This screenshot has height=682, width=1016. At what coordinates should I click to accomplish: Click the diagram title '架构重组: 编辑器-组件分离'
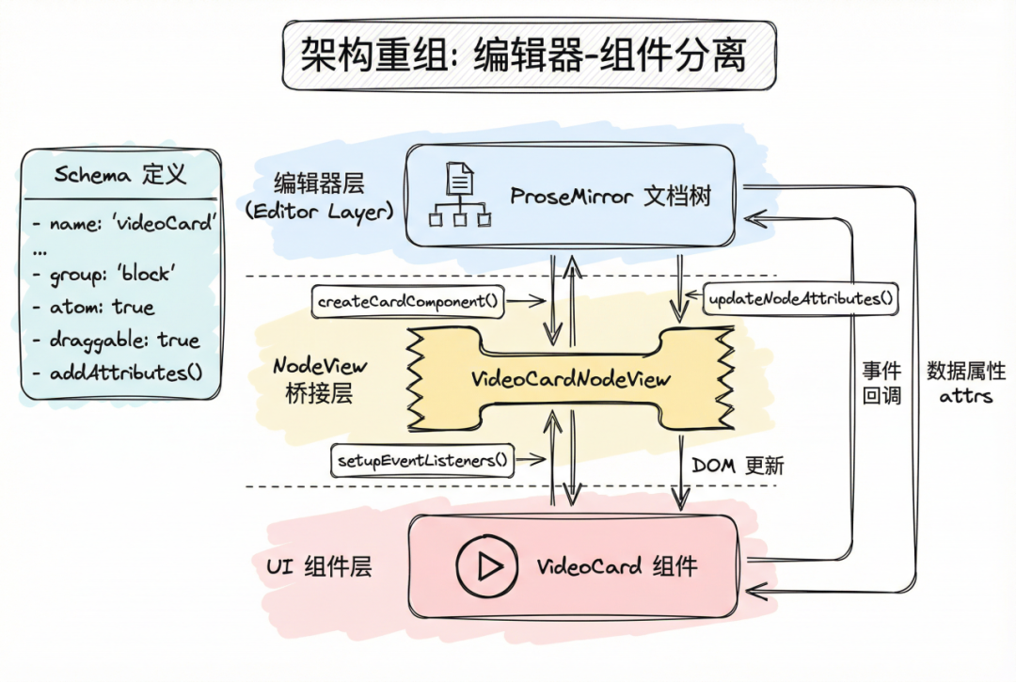pos(524,55)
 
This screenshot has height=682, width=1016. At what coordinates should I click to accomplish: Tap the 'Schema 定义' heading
pos(119,174)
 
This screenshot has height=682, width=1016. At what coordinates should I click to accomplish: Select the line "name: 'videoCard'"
pos(125,223)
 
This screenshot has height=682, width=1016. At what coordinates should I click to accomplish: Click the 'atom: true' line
pos(95,307)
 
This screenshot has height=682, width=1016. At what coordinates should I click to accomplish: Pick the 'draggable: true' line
pos(117,341)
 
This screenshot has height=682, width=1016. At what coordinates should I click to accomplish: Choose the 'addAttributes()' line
pos(118,373)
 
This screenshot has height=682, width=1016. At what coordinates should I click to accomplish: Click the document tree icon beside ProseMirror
pos(459,195)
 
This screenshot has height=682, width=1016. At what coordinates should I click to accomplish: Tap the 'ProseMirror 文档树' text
pos(611,196)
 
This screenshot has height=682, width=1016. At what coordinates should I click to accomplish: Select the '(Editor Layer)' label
pos(320,212)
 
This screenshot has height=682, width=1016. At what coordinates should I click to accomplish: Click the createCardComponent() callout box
pos(407,301)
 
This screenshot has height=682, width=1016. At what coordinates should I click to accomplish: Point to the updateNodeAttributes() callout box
pos(801,298)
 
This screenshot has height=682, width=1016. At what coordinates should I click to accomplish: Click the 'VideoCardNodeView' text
pos(571,379)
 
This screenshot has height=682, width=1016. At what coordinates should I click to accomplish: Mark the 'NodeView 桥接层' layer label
pos(320,379)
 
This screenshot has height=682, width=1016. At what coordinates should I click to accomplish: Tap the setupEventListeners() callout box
pos(422,461)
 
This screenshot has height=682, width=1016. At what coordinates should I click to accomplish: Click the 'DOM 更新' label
pos(738,465)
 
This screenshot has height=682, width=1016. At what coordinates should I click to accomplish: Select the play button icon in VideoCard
pos(487,566)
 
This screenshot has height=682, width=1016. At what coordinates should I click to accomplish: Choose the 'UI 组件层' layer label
pos(319,566)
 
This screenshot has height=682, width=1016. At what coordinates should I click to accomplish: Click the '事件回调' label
pos(881,383)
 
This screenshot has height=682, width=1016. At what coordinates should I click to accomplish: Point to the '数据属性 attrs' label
pos(966,383)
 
